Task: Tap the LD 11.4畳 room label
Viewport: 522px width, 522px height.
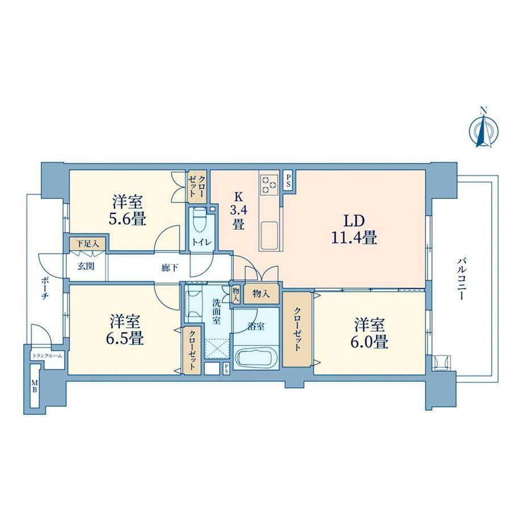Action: [x=353, y=229]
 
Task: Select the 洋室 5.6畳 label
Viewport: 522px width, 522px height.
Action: [x=128, y=211]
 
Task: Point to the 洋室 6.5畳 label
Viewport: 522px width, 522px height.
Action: [x=126, y=330]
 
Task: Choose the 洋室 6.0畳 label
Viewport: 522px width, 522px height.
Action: [x=369, y=333]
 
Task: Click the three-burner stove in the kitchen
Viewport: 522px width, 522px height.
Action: [x=270, y=184]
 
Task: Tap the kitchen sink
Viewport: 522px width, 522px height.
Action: [x=268, y=236]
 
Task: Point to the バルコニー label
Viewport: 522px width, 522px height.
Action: [x=460, y=279]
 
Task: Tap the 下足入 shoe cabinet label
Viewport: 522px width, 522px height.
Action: [x=87, y=243]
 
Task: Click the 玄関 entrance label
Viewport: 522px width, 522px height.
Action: [x=86, y=266]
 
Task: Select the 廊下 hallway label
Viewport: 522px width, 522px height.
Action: [x=170, y=267]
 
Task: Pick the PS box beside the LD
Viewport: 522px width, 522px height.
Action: [x=288, y=181]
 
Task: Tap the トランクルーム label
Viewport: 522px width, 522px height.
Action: [x=47, y=356]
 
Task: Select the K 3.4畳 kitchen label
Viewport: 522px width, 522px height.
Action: [x=238, y=211]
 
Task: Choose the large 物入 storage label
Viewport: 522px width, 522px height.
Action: [x=261, y=294]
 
